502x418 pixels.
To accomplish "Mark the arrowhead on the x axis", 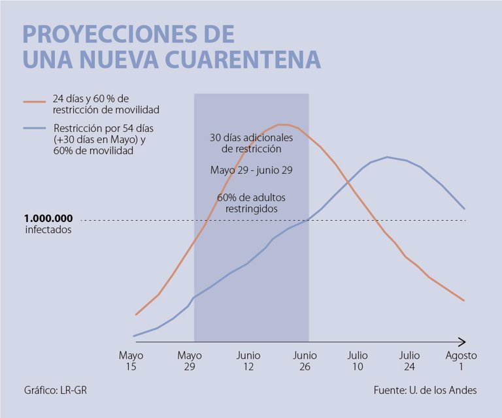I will pos(461,342).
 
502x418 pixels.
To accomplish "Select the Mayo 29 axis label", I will pos(190,361).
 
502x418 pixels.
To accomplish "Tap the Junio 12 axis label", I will pos(248,361).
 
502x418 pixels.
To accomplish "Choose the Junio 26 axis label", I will pos(305,361).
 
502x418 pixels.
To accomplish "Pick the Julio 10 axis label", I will pos(358,361).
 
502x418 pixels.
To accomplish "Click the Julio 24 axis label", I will pos(410,361).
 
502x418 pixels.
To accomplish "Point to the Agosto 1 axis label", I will pos(461,361).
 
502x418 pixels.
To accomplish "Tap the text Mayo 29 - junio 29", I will pos(251,170).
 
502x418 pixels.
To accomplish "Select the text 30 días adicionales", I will pos(251,138).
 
